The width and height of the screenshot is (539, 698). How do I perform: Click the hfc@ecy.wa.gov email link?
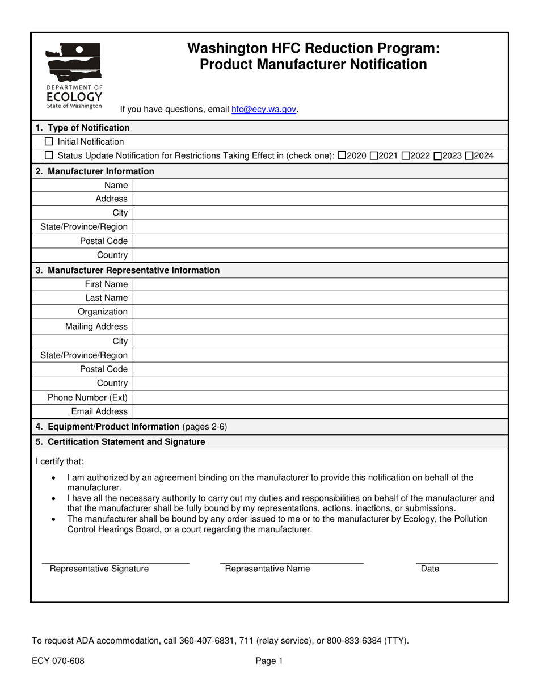click(264, 110)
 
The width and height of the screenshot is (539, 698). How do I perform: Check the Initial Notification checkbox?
click(49, 142)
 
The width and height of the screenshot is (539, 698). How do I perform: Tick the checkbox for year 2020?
click(341, 156)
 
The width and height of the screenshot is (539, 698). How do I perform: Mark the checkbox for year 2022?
click(405, 156)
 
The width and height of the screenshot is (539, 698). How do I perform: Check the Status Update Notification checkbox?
click(49, 156)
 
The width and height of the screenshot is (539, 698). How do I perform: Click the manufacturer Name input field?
click(320, 185)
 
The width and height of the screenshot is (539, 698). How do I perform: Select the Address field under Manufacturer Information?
click(320, 199)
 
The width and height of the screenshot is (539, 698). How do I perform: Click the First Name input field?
click(320, 284)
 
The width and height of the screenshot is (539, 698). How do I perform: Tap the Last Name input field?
click(320, 298)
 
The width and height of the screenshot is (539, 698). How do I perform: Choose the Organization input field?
click(320, 312)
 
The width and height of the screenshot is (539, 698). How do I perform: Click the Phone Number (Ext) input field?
click(320, 397)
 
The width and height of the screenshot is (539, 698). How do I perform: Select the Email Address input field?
click(320, 411)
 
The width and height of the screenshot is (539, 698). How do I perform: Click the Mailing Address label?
click(96, 326)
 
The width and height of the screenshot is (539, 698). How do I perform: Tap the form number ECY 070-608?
click(58, 661)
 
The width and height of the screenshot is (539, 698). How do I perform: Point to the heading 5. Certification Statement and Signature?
click(120, 441)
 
